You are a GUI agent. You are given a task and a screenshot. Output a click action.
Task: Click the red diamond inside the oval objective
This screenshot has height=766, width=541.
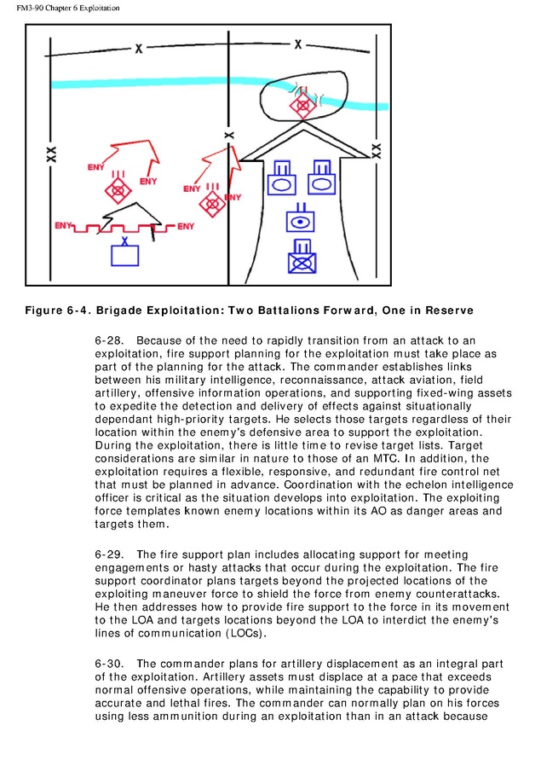[x=300, y=106]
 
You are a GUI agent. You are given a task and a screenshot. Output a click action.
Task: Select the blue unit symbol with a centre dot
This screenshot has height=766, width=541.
[x=299, y=222]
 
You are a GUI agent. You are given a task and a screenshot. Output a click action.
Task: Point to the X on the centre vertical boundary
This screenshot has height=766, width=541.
[x=227, y=135]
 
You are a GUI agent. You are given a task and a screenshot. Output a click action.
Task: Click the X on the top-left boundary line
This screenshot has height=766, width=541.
[x=138, y=49]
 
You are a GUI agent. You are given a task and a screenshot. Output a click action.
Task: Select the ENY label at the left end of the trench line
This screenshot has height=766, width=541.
[x=62, y=225]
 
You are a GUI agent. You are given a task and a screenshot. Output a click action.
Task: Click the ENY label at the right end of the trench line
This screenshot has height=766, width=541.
[x=186, y=226]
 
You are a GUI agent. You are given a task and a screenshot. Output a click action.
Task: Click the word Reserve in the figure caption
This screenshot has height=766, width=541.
[x=447, y=308]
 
